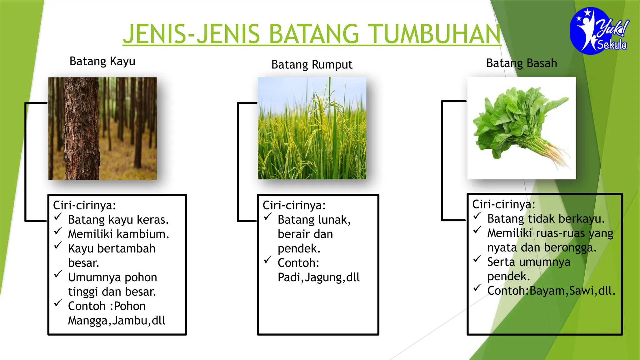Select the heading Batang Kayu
click(102, 61)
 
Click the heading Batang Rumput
click(312, 65)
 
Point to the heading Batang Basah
click(521, 63)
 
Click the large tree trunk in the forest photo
click(82, 128)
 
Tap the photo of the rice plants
click(312, 128)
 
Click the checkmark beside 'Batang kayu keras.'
click(58, 217)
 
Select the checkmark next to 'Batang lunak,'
click(267, 217)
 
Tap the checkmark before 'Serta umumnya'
click(477, 259)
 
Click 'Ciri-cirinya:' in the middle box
click(294, 205)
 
